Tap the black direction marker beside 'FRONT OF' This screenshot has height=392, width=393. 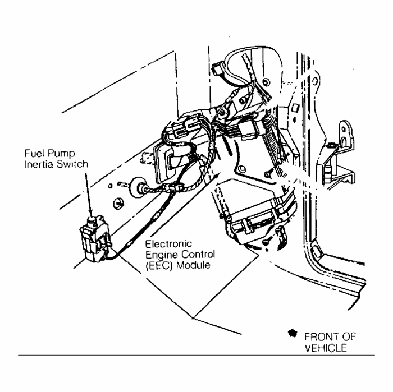(292, 334)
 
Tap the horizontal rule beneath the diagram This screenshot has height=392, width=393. (196, 355)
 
